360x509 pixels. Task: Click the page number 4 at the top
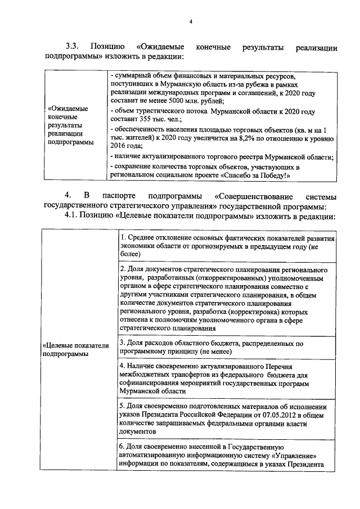(x=191, y=21)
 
